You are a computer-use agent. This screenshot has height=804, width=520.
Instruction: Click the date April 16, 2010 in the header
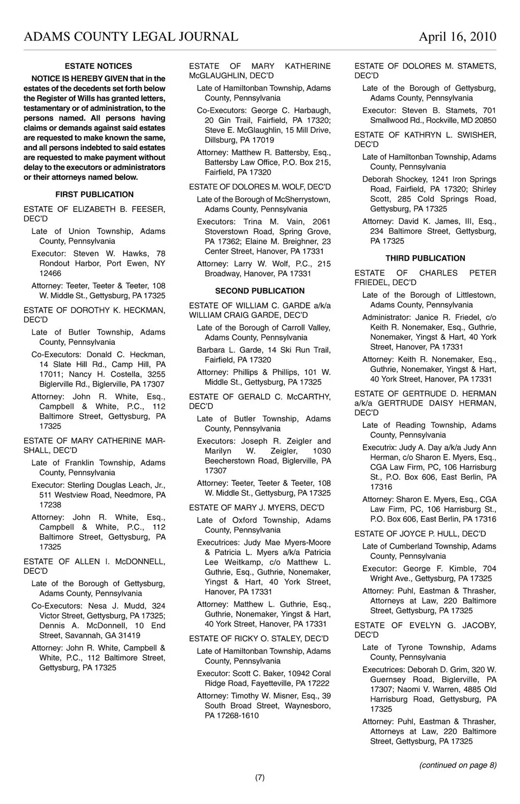coord(457,37)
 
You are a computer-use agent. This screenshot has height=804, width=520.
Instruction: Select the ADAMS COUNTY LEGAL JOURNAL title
coord(131,37)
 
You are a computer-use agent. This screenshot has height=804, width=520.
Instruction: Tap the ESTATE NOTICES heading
coord(98,66)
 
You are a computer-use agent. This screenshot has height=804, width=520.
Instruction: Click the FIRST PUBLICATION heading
coord(94,195)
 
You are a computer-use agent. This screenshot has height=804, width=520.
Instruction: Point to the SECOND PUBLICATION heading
coord(260,291)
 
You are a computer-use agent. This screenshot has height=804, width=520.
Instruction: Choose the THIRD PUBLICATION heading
coord(425,259)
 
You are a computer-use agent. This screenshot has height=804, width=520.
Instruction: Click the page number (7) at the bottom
coord(260,777)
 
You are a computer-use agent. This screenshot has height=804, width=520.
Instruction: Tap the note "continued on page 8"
coord(458,765)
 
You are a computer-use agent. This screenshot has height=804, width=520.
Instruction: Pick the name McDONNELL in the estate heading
coord(140,562)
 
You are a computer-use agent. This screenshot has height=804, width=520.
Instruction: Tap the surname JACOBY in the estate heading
coord(479,626)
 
